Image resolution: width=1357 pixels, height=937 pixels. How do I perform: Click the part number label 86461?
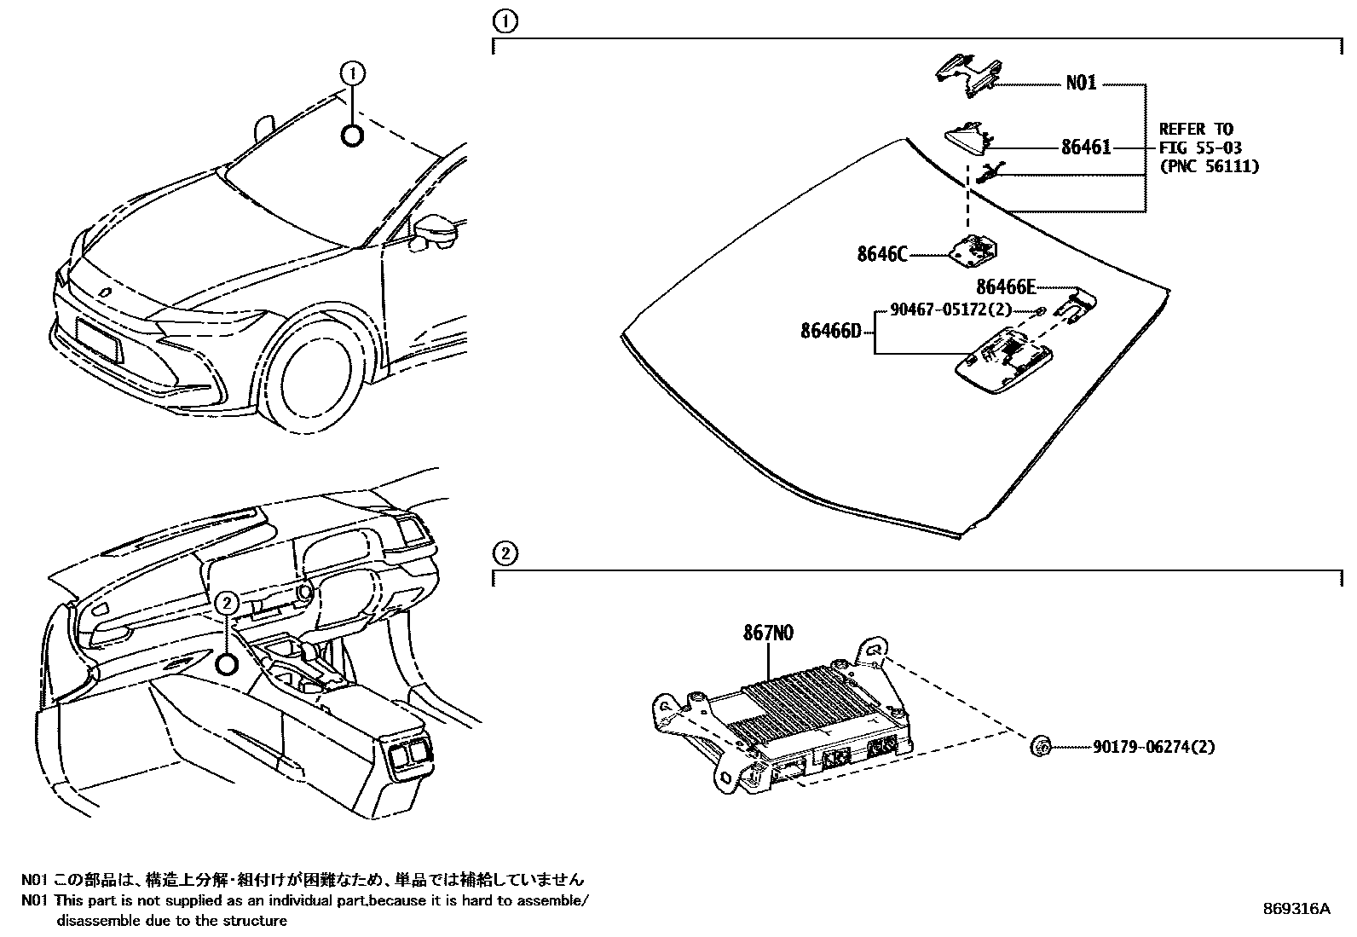pyautogui.click(x=1085, y=147)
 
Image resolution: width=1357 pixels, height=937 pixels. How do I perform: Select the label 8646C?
pyautogui.click(x=882, y=253)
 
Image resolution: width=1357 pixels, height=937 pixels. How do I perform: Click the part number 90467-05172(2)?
pyautogui.click(x=950, y=310)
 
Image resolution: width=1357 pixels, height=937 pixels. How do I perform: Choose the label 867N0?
pyautogui.click(x=768, y=633)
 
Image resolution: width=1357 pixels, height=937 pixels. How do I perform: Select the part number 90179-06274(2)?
pyautogui.click(x=1153, y=747)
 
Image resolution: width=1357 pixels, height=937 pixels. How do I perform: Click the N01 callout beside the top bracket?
pyautogui.click(x=1081, y=84)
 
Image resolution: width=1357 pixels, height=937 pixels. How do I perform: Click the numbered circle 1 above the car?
pyautogui.click(x=353, y=74)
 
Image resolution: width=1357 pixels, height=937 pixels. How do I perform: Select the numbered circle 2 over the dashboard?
pyautogui.click(x=226, y=603)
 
